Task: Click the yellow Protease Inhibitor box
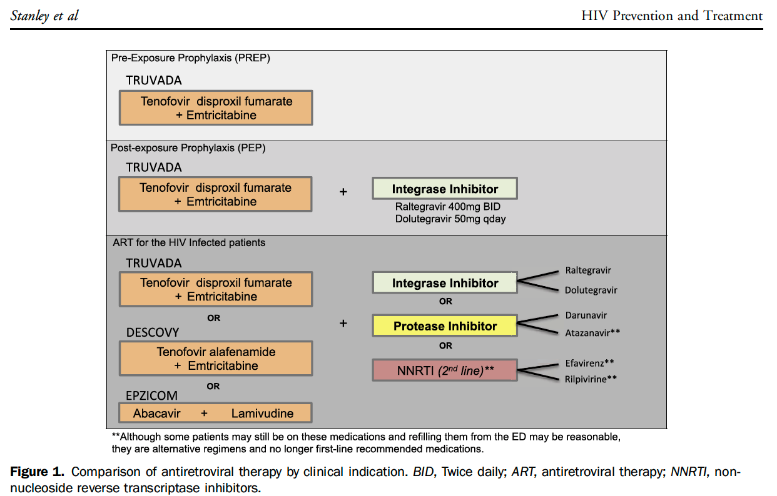(x=445, y=325)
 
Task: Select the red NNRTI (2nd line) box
(x=445, y=370)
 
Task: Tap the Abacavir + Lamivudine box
(x=215, y=412)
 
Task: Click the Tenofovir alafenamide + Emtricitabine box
(x=216, y=359)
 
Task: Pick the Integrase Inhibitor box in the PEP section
(x=445, y=189)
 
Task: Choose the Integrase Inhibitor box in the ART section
(x=445, y=282)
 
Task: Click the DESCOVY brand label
(x=153, y=332)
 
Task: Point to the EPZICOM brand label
(x=151, y=395)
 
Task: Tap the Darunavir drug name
(x=586, y=315)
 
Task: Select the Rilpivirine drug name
(x=591, y=379)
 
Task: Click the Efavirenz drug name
(x=589, y=363)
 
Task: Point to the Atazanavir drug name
(x=592, y=333)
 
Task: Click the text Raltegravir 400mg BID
(x=448, y=207)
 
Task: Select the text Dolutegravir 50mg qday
(x=450, y=219)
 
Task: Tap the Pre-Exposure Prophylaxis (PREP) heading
(x=190, y=58)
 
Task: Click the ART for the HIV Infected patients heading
(x=189, y=242)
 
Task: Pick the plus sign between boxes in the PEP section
(x=343, y=192)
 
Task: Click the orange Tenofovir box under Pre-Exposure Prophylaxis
(x=216, y=107)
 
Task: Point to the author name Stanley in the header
(x=30, y=16)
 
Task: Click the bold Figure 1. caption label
(x=37, y=472)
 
